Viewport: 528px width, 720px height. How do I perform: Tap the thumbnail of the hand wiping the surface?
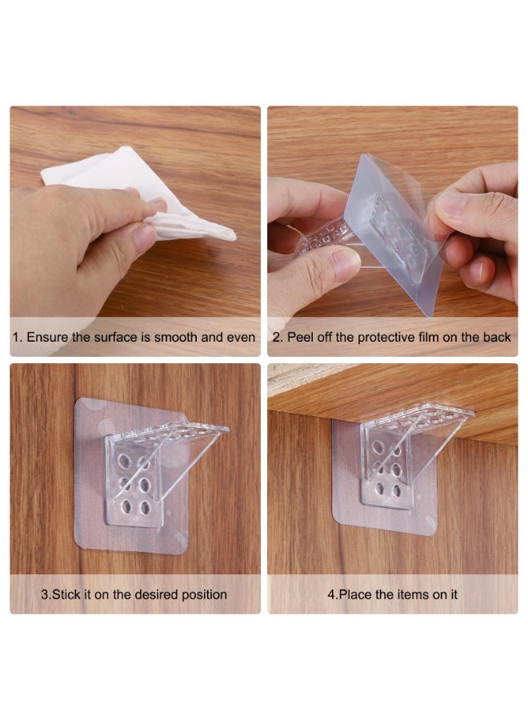[134, 216]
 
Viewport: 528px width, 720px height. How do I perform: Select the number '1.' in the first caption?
[17, 338]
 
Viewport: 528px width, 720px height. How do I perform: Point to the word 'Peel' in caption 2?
[301, 338]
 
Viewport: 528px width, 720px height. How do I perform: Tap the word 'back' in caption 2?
[496, 338]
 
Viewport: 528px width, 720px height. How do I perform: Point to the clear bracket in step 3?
[152, 472]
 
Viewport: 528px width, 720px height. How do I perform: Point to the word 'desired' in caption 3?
[158, 594]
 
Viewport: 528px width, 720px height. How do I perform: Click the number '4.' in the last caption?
[331, 594]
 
